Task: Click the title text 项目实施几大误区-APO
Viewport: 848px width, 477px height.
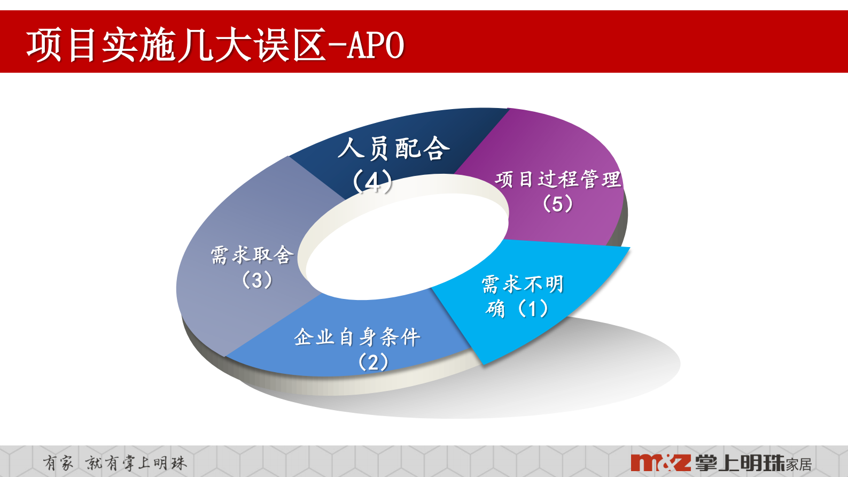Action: coord(215,45)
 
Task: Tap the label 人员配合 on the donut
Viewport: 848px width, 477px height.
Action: coord(394,148)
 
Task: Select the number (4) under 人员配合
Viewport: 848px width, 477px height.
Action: coord(372,181)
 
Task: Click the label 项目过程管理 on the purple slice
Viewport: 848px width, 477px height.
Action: coord(558,179)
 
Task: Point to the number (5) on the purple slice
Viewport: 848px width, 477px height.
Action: coord(558,204)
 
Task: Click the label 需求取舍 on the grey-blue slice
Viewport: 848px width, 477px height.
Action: coord(252,255)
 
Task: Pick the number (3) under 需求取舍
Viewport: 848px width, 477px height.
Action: coord(257,280)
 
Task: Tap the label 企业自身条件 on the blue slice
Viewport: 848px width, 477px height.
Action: coord(357,337)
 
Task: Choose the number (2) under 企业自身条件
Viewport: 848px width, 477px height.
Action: coord(373,362)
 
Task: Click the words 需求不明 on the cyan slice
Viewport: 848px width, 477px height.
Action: coord(523,284)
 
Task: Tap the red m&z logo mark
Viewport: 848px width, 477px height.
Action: coord(660,463)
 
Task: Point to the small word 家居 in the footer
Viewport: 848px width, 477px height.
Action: coord(799,464)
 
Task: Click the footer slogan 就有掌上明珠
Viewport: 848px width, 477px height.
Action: coord(136,463)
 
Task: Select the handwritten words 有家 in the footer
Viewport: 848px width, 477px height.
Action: coord(58,463)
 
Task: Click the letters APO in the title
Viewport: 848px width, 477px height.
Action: coord(376,45)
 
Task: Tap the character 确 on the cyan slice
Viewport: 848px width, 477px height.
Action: coord(495,309)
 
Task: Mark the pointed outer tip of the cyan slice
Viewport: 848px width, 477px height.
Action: coord(629,248)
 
